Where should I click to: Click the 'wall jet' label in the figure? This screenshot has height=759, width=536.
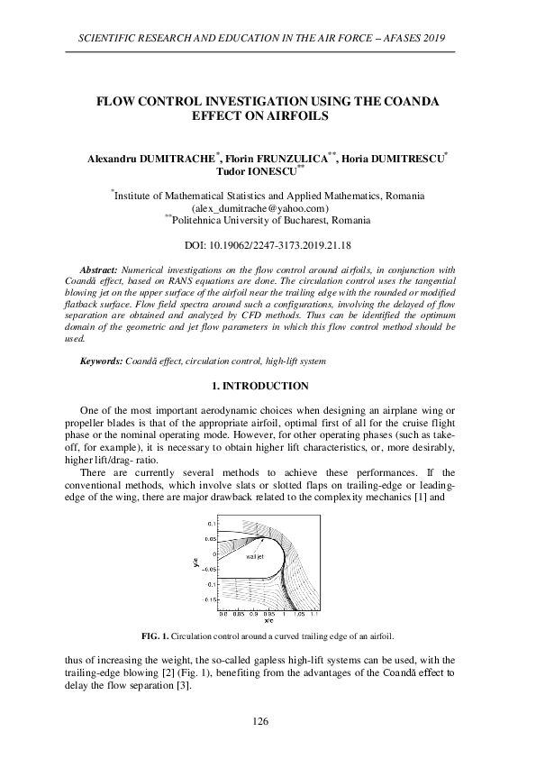(x=254, y=557)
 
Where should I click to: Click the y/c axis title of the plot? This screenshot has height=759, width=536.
(x=195, y=562)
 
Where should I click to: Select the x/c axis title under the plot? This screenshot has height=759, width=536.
(x=268, y=620)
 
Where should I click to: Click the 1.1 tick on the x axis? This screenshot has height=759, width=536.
(x=313, y=613)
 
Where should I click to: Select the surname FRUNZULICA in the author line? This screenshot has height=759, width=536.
(x=292, y=158)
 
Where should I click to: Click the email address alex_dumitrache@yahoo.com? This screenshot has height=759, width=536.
(x=268, y=207)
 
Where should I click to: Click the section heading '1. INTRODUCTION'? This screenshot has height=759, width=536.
(x=268, y=386)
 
